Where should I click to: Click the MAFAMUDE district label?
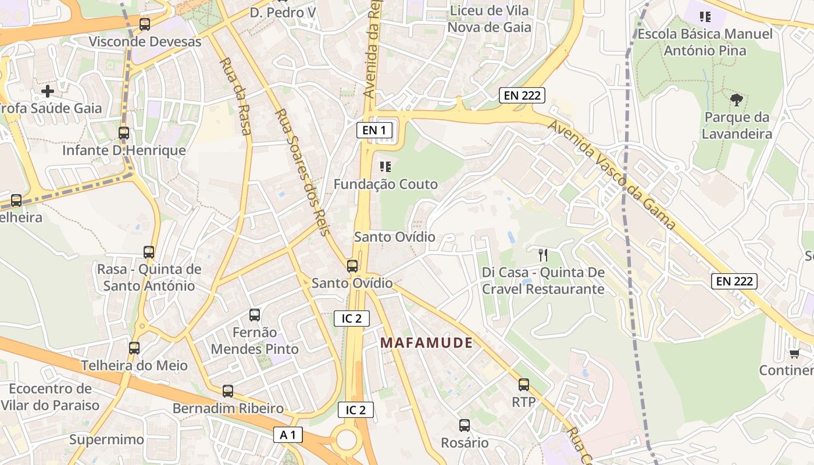[x=426, y=343]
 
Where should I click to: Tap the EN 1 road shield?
[x=374, y=130]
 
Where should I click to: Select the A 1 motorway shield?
[x=288, y=435]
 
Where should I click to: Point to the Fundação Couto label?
[x=385, y=184]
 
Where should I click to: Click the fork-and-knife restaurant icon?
[x=543, y=255]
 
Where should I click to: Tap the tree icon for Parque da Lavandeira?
[x=737, y=100]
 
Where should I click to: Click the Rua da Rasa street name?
[x=235, y=96]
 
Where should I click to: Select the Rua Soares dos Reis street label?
[x=301, y=172]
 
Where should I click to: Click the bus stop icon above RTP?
[x=524, y=384]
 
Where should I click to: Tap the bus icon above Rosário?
[x=464, y=425]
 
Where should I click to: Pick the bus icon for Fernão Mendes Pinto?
[x=255, y=315]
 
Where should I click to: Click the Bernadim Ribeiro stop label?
[x=228, y=408]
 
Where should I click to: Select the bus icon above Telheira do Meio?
[x=134, y=348]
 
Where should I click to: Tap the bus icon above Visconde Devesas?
[x=145, y=24]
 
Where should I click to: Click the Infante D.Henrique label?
[x=124, y=151]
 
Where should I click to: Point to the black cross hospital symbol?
[x=48, y=91]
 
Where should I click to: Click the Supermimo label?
[x=106, y=439]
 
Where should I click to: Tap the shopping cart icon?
[x=794, y=353]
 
